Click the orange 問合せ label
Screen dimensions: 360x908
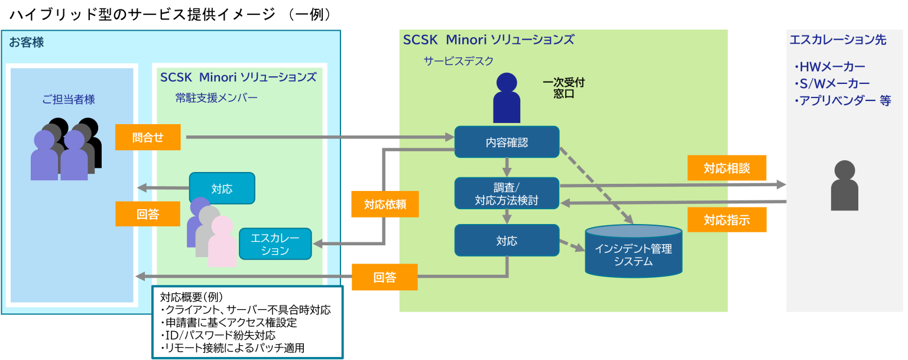tap(148, 138)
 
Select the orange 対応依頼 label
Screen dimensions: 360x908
tap(385, 205)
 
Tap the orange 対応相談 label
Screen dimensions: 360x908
tap(727, 168)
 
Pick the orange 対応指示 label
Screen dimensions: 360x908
tap(727, 220)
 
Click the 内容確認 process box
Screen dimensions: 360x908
tap(507, 142)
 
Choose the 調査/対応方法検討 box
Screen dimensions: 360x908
tap(507, 193)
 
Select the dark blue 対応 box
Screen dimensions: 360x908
tap(507, 241)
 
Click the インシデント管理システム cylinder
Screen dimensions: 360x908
tap(633, 252)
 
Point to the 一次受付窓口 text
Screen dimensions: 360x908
tap(563, 88)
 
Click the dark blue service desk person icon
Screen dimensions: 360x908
tap(507, 98)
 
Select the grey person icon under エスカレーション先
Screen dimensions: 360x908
tap(844, 186)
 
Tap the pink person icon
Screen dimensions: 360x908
tap(222, 241)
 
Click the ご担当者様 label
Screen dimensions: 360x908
tap(69, 99)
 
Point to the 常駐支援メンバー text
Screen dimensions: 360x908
tap(216, 98)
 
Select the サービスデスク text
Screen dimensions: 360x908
tap(458, 61)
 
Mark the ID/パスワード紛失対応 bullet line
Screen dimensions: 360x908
tap(218, 336)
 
